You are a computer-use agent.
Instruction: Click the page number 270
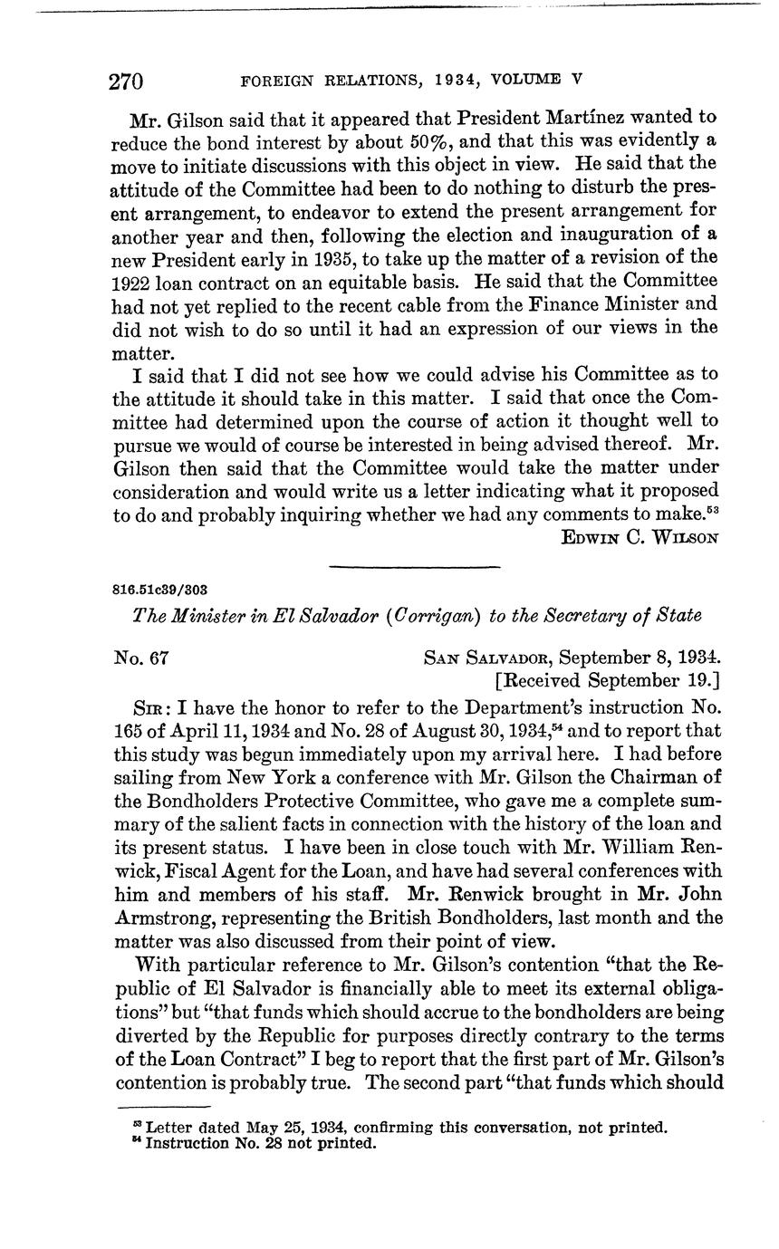[x=127, y=82]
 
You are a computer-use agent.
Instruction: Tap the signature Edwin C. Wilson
[x=640, y=537]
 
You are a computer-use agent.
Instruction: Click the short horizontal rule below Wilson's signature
[x=414, y=568]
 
